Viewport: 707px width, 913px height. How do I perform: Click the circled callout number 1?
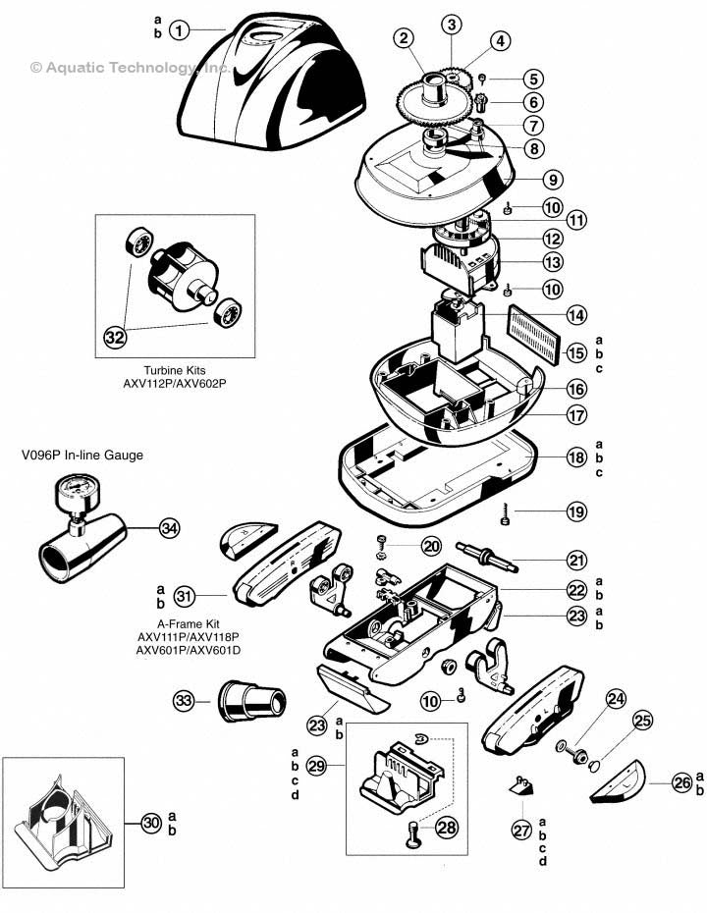[x=179, y=30]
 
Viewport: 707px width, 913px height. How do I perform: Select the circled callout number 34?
[x=171, y=529]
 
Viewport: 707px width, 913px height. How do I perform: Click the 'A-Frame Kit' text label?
[x=176, y=622]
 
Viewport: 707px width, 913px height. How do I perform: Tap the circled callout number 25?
[x=641, y=722]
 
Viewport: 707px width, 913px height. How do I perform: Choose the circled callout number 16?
[x=576, y=389]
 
